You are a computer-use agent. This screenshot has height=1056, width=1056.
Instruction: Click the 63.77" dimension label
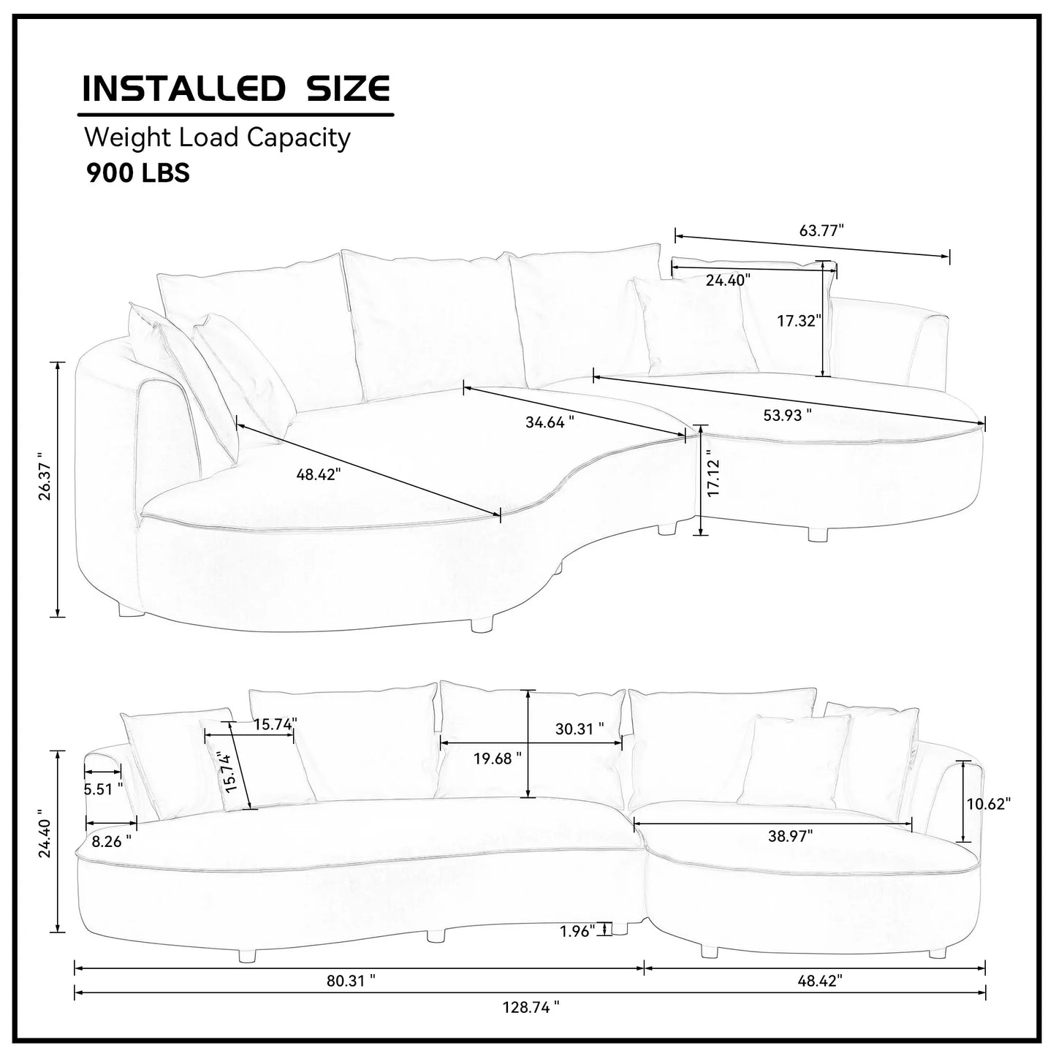(821, 230)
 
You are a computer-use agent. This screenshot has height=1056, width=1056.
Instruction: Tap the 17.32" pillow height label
(799, 320)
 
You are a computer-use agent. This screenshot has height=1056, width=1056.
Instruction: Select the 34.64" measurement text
(550, 422)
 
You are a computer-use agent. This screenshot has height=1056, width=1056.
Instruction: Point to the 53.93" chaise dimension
(787, 415)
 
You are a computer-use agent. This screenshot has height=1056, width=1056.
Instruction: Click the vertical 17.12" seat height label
(713, 478)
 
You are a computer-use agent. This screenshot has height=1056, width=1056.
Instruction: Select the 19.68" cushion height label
(497, 758)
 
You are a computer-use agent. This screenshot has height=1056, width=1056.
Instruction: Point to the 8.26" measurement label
(111, 840)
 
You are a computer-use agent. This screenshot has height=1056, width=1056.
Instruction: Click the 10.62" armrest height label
(988, 804)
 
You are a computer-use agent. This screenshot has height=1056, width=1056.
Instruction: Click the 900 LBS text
(138, 172)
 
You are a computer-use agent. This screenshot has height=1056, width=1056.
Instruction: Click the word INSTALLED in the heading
(182, 88)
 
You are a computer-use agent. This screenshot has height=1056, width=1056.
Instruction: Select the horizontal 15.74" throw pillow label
(275, 724)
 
